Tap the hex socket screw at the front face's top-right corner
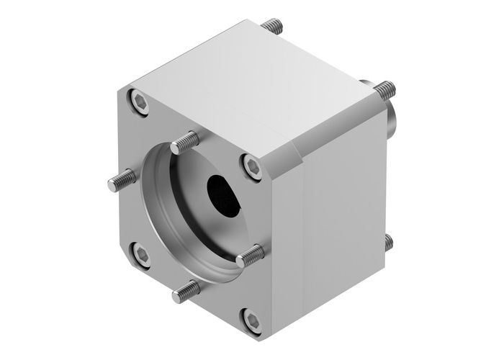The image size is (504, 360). click(251, 166)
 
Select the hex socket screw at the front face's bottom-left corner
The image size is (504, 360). click(141, 253)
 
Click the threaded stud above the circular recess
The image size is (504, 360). click(186, 140)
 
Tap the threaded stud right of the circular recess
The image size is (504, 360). click(251, 253)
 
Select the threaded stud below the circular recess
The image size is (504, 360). click(185, 289)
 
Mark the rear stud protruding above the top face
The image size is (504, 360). click(273, 27)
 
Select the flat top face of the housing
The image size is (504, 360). click(252, 86)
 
